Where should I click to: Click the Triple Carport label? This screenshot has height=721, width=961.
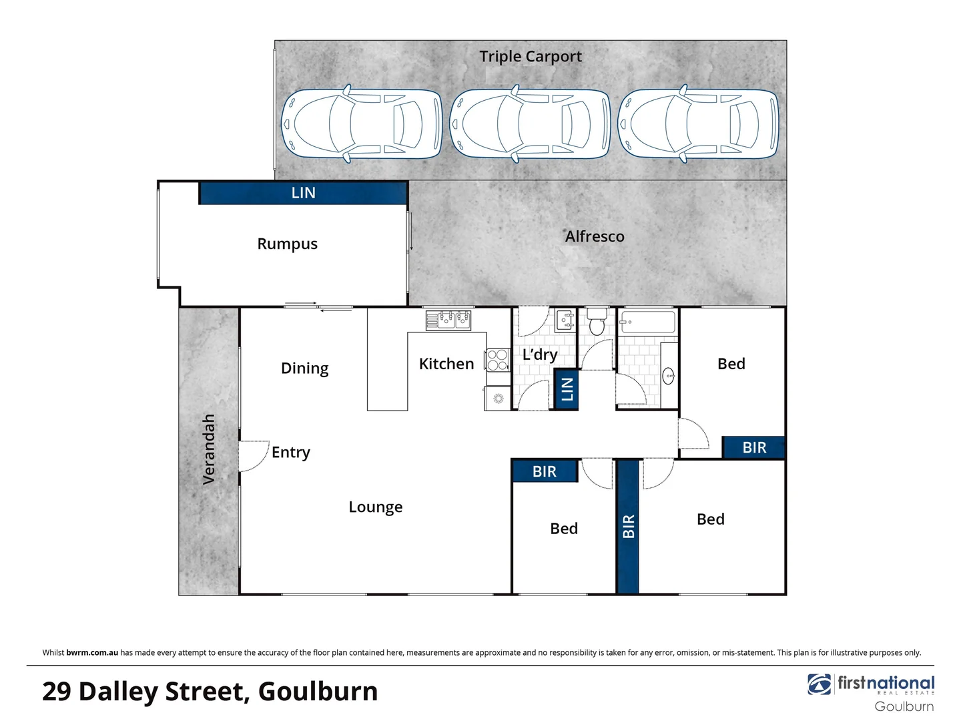(530, 57)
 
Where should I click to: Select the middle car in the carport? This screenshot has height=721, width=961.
(530, 124)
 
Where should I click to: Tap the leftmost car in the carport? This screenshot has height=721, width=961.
(361, 124)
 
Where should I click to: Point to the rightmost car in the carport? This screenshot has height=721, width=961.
(698, 124)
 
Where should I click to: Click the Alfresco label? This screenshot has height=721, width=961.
(594, 236)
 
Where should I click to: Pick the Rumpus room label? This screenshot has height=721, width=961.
(287, 244)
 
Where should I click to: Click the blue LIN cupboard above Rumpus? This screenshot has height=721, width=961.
(303, 193)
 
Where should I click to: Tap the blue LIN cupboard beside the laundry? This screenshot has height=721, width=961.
(567, 389)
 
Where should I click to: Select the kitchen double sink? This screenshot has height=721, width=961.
(448, 320)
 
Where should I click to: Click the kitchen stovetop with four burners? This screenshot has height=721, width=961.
(497, 360)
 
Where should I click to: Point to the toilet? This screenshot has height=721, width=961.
(597, 323)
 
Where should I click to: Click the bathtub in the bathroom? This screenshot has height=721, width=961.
(647, 322)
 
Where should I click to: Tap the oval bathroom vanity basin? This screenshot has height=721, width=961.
(669, 377)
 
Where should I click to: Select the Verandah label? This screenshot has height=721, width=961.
(209, 449)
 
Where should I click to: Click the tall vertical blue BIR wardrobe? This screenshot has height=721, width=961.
(628, 526)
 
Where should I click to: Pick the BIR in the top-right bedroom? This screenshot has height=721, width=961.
(753, 447)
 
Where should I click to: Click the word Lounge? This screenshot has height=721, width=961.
(375, 507)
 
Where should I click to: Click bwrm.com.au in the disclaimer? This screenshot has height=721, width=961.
(92, 652)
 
